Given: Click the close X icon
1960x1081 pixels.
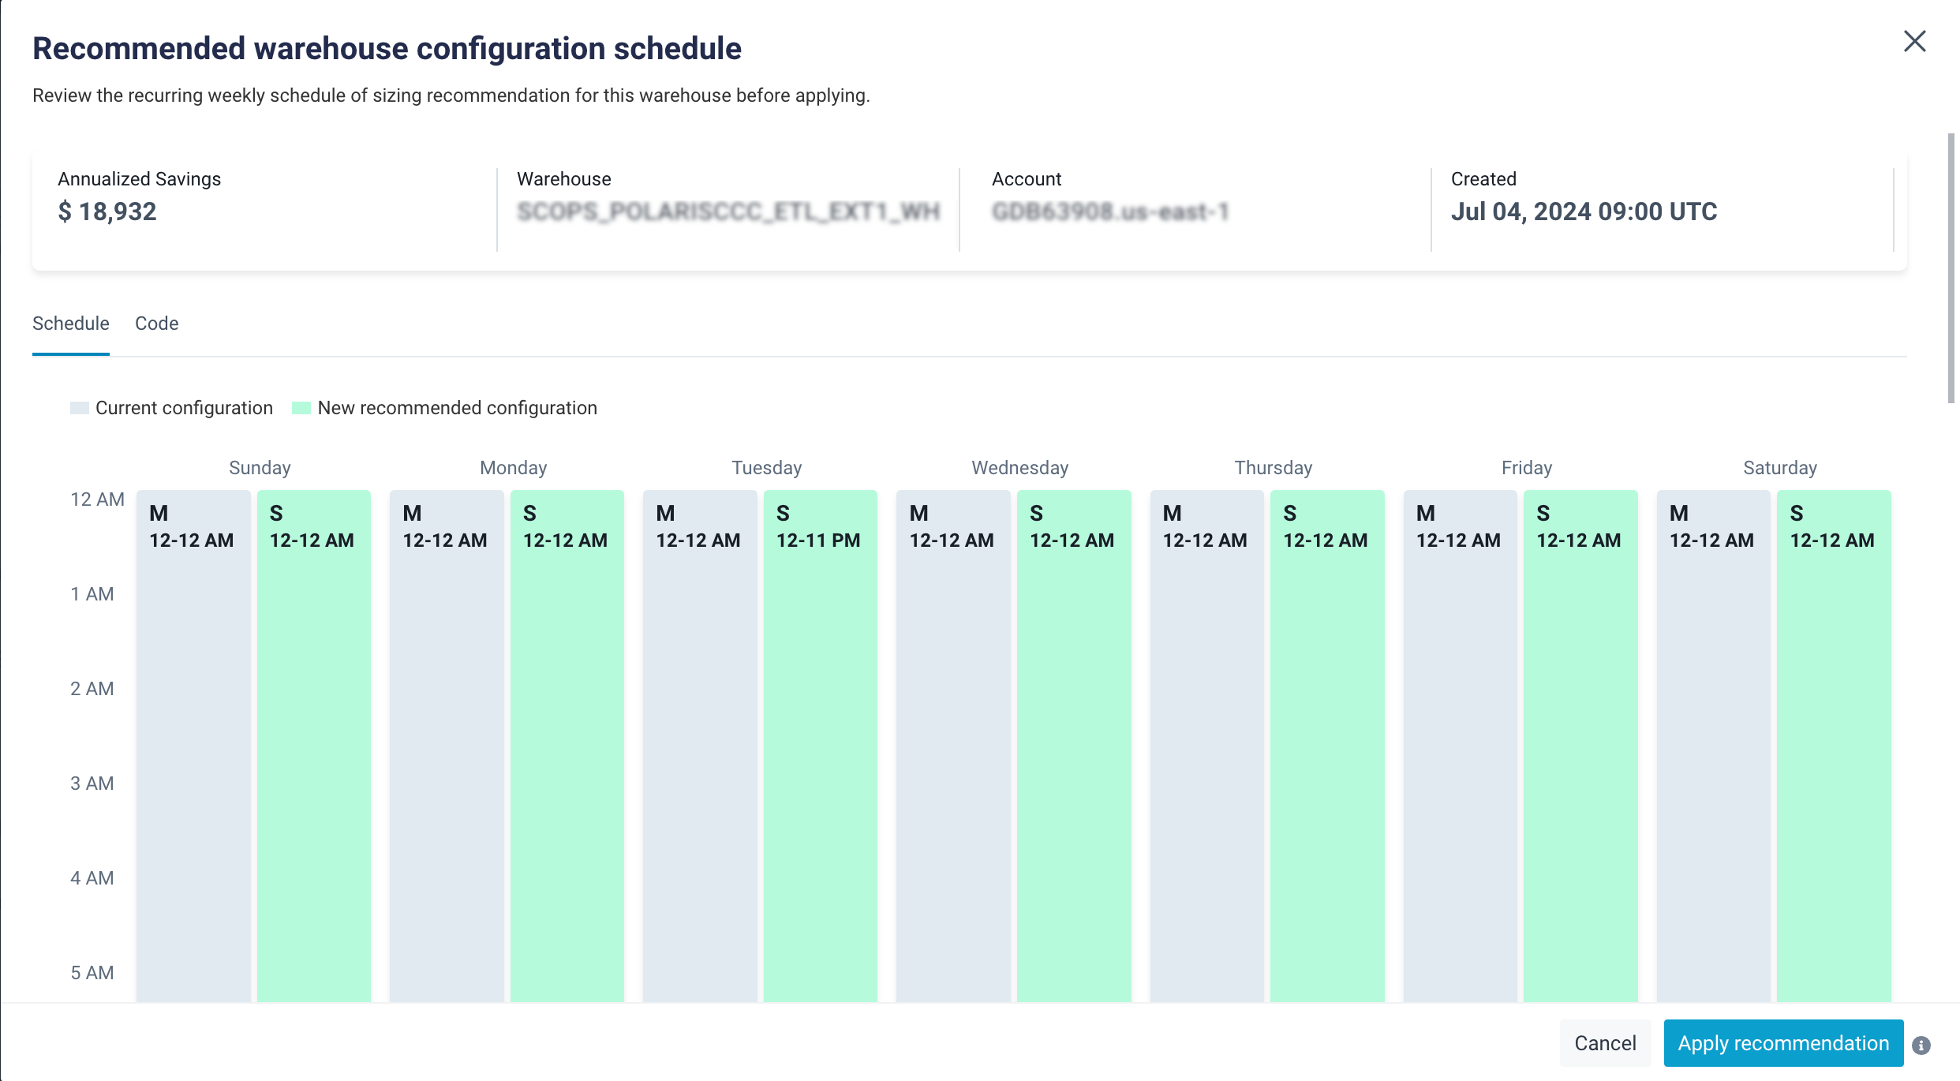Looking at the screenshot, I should (1914, 41).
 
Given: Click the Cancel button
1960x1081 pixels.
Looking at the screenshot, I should (1605, 1043).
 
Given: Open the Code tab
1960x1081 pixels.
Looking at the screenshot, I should (156, 324).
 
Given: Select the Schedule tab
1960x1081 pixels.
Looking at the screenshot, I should (70, 324).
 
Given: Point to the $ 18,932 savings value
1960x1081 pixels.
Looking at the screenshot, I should (107, 211).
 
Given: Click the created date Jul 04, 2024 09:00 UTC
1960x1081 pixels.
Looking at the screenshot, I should (1584, 211).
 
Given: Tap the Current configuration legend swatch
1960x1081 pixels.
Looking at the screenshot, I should (79, 408).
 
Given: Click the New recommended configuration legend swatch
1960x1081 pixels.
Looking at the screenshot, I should (301, 408).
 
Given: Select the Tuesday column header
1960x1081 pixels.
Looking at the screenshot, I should (766, 468).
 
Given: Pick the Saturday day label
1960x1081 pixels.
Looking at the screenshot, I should (1779, 468).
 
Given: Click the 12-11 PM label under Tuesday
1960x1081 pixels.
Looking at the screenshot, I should (818, 540).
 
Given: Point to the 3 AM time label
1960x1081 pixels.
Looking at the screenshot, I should (92, 784).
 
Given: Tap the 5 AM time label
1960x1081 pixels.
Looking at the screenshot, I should (92, 973).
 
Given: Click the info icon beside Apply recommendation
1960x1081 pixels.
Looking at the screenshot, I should (1921, 1045).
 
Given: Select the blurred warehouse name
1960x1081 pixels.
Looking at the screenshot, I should (728, 211).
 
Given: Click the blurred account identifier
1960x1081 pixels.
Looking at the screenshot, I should (1110, 211).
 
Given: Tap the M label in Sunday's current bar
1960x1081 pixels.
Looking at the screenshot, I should (159, 514).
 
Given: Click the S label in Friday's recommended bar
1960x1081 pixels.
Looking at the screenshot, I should (1543, 514).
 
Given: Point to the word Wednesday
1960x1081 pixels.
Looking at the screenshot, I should (1019, 468).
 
